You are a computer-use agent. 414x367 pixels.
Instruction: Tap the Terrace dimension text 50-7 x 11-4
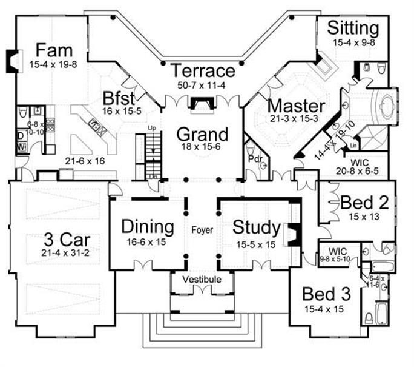point(202,85)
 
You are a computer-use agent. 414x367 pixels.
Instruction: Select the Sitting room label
point(355,28)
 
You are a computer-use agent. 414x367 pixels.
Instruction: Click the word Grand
point(202,133)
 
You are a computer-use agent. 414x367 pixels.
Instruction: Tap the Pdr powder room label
point(254,160)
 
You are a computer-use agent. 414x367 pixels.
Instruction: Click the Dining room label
point(148,227)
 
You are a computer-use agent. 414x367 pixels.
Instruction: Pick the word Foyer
point(201,231)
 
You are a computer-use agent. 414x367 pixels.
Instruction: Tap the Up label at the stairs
point(152,129)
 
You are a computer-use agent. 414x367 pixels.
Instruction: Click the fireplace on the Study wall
point(294,234)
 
